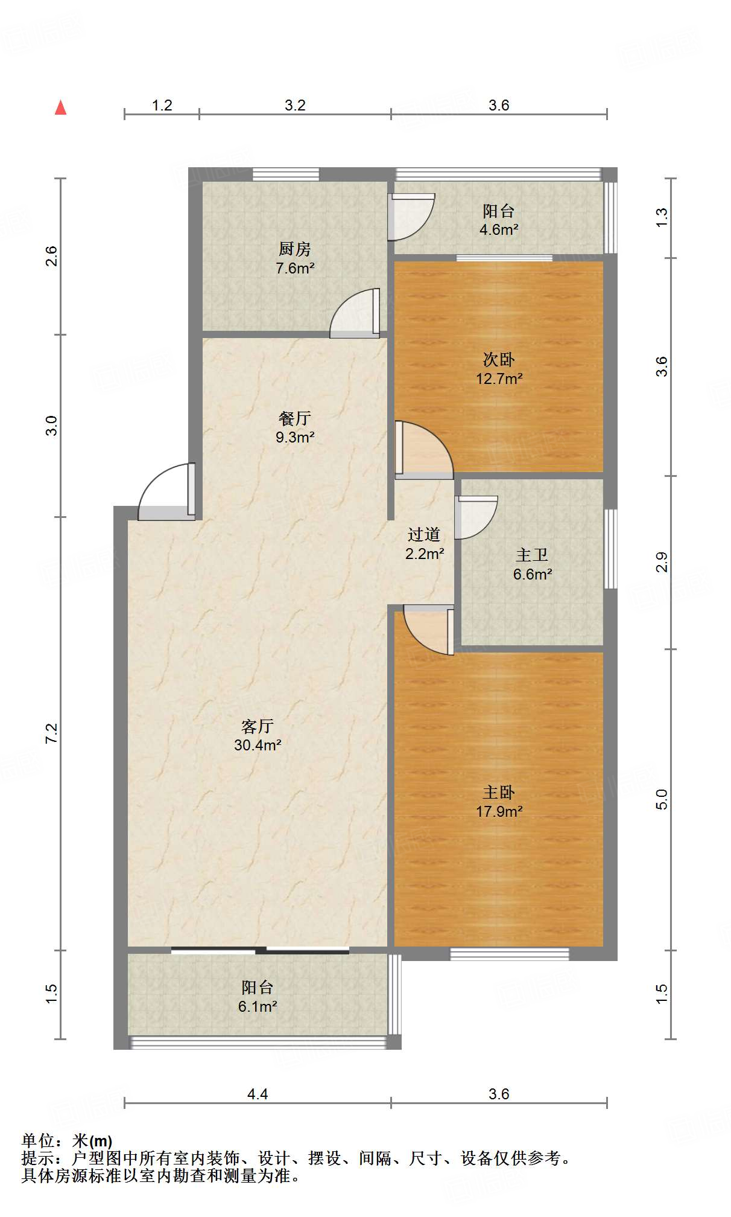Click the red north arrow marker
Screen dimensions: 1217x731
(x=60, y=107)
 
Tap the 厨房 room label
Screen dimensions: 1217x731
(x=295, y=249)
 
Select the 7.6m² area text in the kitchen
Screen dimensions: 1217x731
(x=295, y=269)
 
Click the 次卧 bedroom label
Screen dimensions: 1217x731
(x=499, y=360)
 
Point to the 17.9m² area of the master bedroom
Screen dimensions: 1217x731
(x=499, y=811)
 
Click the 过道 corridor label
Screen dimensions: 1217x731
(x=423, y=534)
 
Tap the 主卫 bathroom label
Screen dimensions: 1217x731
(x=532, y=555)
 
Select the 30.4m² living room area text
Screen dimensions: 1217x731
(x=258, y=745)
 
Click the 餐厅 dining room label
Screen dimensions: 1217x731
(x=295, y=418)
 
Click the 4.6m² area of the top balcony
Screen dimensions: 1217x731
(x=499, y=230)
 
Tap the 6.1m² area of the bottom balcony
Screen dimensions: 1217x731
(x=258, y=1006)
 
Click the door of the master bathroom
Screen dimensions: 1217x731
(x=475, y=517)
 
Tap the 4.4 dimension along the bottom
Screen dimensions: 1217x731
(x=258, y=1094)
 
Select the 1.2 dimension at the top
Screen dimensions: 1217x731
(x=162, y=106)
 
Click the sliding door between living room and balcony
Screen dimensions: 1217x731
(x=260, y=951)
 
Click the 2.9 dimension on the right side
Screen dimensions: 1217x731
(x=662, y=562)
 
